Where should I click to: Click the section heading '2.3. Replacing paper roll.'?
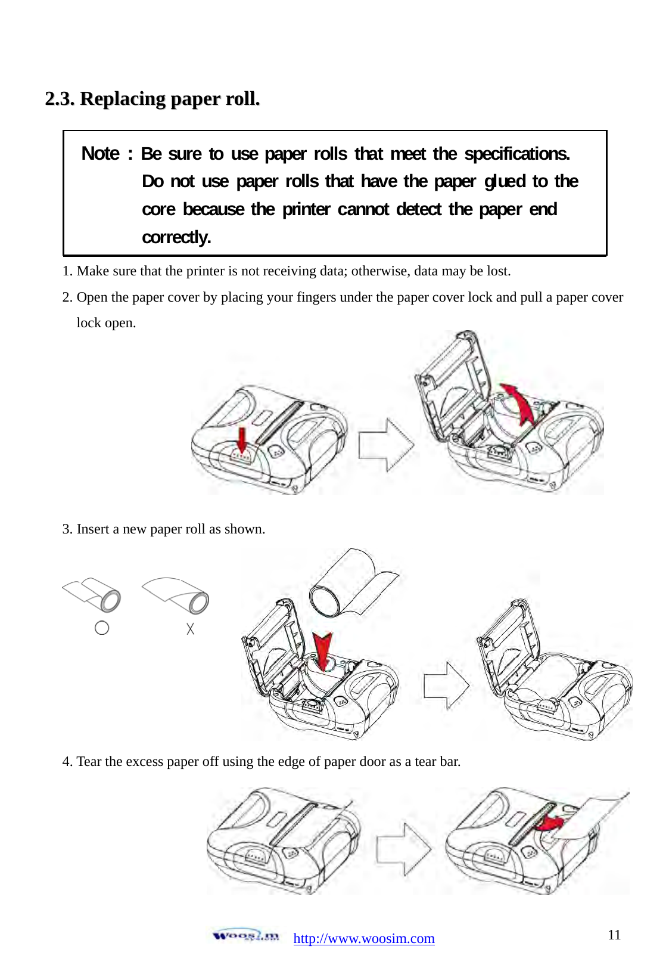(x=153, y=98)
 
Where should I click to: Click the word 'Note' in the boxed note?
(x=100, y=154)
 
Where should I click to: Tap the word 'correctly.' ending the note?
(x=176, y=237)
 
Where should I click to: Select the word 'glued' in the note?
(x=505, y=181)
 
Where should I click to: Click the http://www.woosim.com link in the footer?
(x=363, y=938)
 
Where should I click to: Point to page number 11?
(x=614, y=934)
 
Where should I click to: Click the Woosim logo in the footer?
(x=245, y=935)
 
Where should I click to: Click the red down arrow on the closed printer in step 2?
(x=242, y=440)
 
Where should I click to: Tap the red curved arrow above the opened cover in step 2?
(x=518, y=402)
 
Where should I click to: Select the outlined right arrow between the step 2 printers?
(x=386, y=445)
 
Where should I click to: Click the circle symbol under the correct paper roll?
(x=102, y=628)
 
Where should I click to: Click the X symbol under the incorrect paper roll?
(x=190, y=628)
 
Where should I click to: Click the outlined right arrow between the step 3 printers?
(x=446, y=685)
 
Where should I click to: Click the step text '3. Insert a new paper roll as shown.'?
(x=163, y=529)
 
